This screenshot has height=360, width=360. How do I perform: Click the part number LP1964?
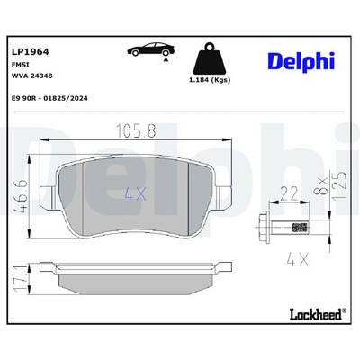(x=30, y=51)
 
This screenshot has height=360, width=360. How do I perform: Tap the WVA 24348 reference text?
(x=31, y=76)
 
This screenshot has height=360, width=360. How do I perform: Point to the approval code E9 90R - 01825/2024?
(x=49, y=98)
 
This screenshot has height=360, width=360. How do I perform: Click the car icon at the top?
(x=150, y=49)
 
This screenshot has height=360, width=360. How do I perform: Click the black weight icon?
(x=210, y=59)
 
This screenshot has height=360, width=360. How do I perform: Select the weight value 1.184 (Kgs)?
(x=210, y=80)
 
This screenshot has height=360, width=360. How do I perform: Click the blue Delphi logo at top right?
(x=301, y=62)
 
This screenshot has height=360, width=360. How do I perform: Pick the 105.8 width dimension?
(x=136, y=131)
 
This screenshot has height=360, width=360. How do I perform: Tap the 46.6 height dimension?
(x=22, y=197)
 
